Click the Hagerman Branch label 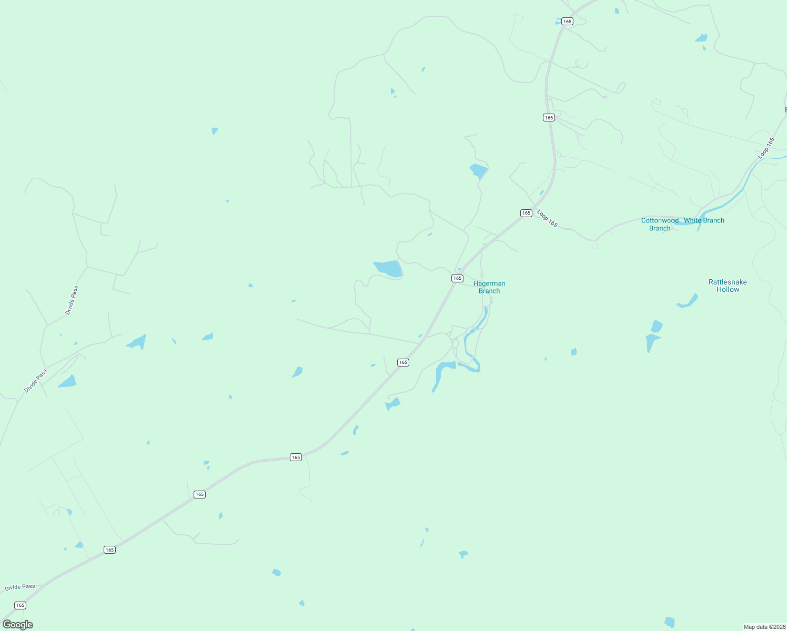489,287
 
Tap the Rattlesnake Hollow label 728,286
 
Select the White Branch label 704,220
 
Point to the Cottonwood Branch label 660,224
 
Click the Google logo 18,625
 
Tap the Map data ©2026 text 764,627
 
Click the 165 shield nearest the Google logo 20,605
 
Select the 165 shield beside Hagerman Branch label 457,278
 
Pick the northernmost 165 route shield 567,22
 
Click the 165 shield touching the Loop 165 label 526,213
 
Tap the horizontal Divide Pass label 20,587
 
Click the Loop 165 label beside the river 766,148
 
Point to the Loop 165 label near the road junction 547,219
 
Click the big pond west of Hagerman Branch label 389,268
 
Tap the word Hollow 728,290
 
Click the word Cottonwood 660,220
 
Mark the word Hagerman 489,283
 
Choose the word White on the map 693,220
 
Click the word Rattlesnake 728,282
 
